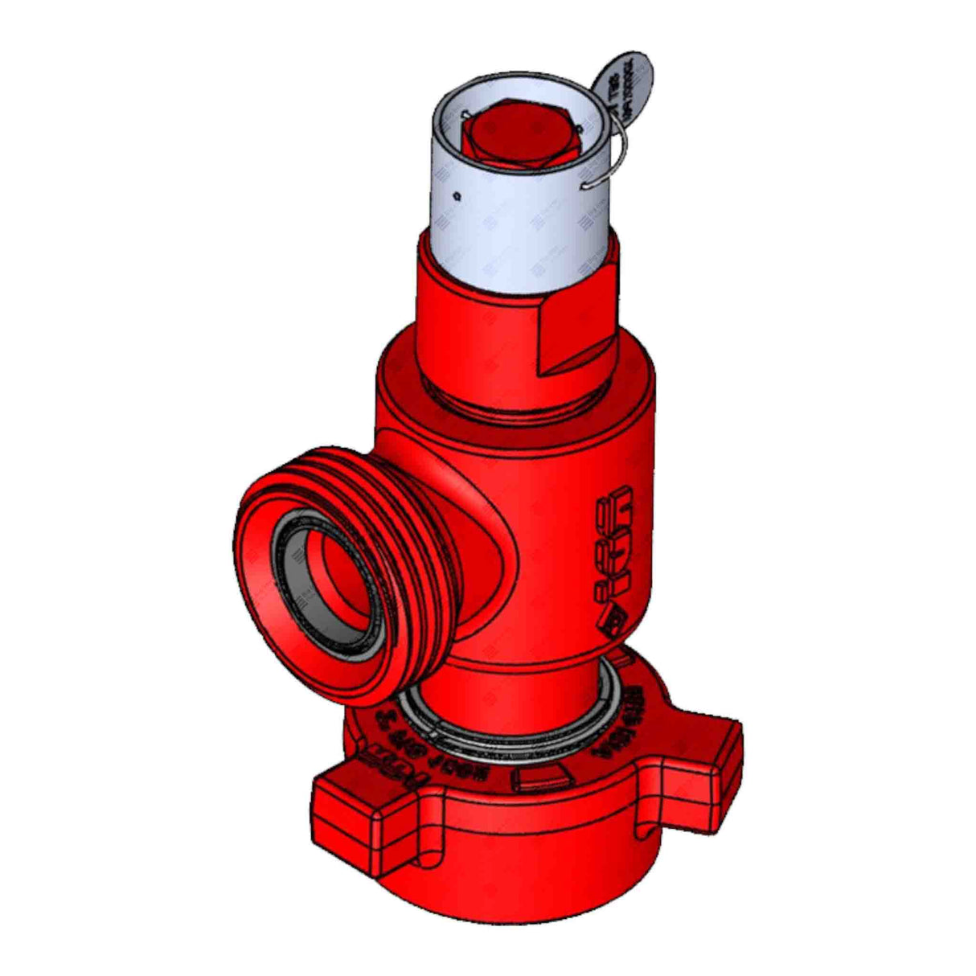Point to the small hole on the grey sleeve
pyautogui.click(x=456, y=194)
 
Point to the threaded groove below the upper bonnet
pyautogui.click(x=515, y=398)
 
